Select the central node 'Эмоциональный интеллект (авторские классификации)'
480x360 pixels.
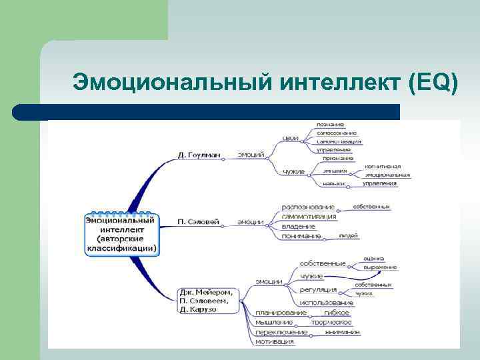point(121,233)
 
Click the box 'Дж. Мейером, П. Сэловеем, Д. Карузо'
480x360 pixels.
point(207,300)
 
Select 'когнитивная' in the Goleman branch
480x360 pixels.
point(383,166)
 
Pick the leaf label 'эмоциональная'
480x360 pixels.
point(387,175)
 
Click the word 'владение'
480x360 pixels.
point(293,227)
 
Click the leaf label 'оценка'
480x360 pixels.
point(374,258)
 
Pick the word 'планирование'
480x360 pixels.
point(281,313)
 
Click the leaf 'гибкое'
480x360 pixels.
point(336,313)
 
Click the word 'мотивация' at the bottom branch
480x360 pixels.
point(274,341)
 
